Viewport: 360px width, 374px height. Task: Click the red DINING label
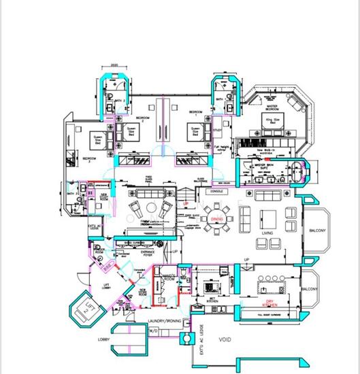(216, 220)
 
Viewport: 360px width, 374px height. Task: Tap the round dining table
(217, 220)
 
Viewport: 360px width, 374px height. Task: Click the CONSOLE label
(218, 192)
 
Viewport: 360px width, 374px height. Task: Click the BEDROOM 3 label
(87, 160)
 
